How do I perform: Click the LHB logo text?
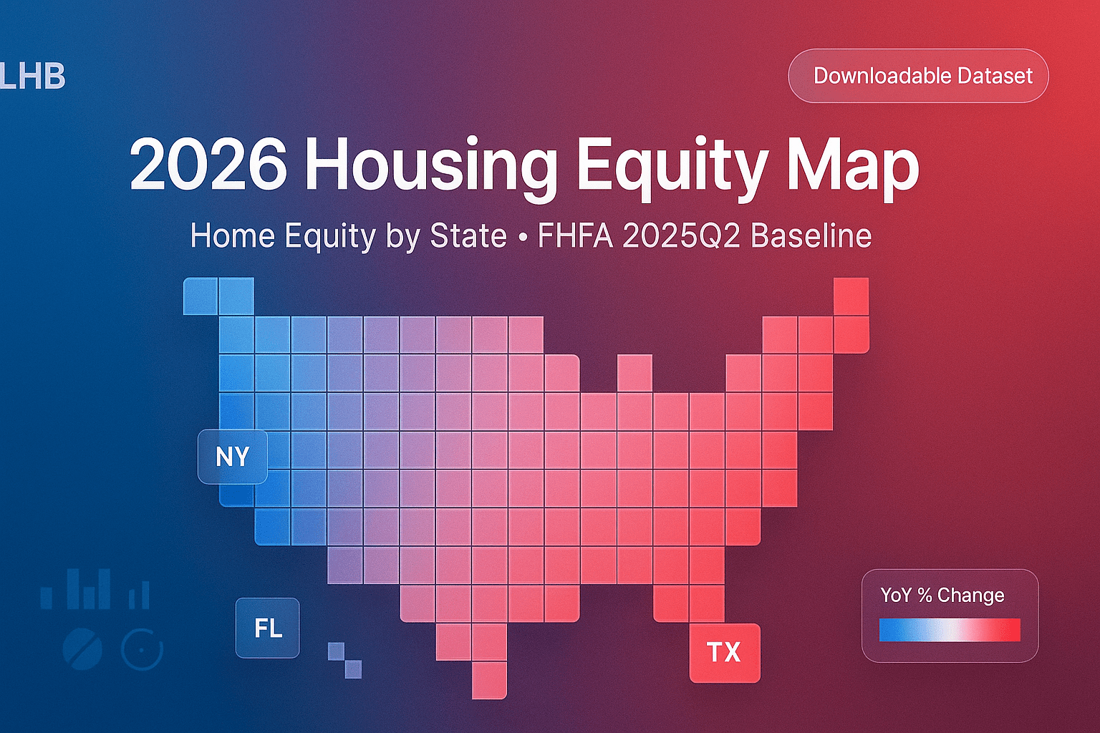click(33, 77)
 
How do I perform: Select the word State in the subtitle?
click(468, 236)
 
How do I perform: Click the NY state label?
click(233, 457)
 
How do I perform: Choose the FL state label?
click(268, 628)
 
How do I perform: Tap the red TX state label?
click(724, 652)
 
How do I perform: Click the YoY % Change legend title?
click(942, 595)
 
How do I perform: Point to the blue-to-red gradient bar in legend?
click(950, 630)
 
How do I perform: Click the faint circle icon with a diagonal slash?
click(82, 649)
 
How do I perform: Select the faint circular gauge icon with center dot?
click(142, 649)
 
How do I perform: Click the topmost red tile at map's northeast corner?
click(851, 296)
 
